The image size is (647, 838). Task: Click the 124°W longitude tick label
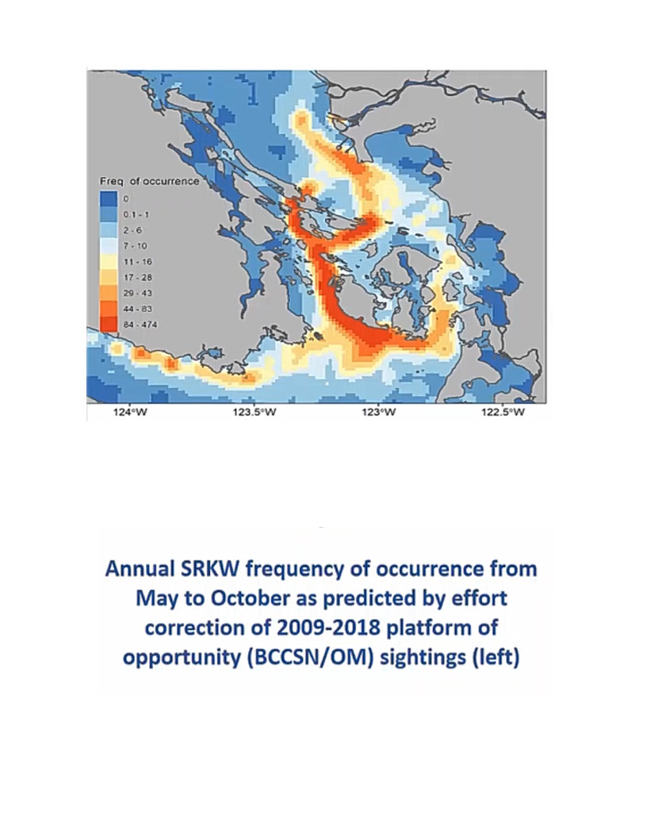point(130,412)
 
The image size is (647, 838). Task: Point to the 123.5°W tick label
point(255,412)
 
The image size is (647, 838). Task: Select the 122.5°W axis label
point(503,412)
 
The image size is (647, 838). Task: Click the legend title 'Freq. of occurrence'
point(149,181)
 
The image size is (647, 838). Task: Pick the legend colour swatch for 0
point(108,199)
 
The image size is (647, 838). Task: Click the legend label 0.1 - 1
point(136,215)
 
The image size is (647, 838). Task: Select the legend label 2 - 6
point(133,230)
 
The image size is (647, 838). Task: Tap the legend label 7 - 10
point(135,246)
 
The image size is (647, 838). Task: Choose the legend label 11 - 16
point(138,262)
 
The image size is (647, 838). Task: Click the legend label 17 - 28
point(138,278)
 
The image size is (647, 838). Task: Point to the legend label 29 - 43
point(138,293)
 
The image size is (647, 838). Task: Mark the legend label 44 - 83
point(138,309)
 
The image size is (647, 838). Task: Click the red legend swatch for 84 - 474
point(108,325)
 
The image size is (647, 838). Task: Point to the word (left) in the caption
point(496,657)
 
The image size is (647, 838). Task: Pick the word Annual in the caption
point(140,569)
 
